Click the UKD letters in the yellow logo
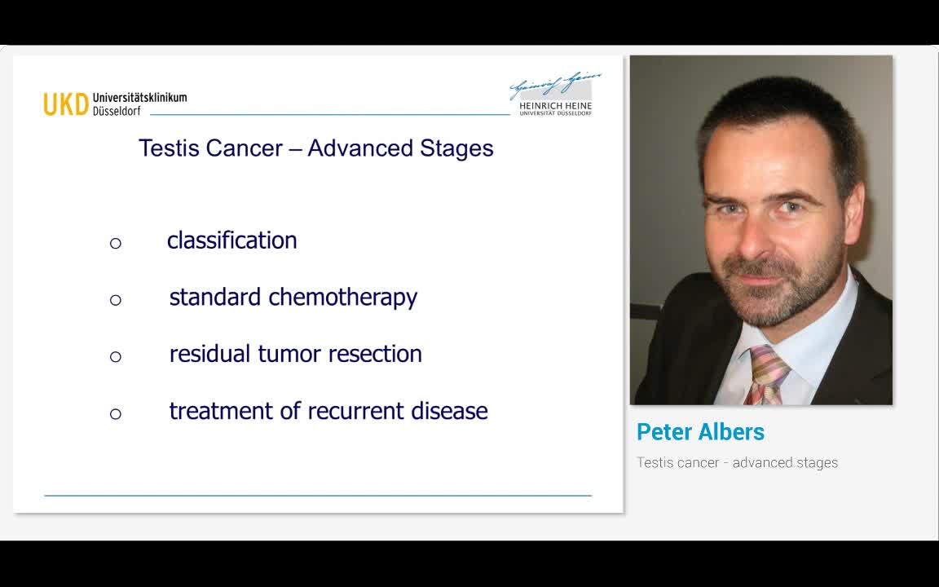coord(65,104)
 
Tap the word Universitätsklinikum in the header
coord(139,97)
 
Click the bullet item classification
coord(231,241)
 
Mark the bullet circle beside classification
coord(116,243)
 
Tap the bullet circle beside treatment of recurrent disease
coord(116,413)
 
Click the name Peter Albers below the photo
coord(700,432)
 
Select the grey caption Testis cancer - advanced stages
coord(737,463)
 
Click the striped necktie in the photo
coord(766,374)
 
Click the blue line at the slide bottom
coord(318,495)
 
